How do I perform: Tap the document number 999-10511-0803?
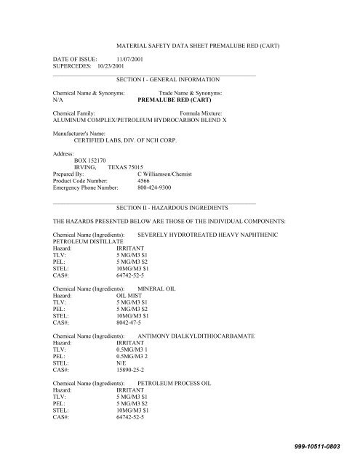click(321, 445)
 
